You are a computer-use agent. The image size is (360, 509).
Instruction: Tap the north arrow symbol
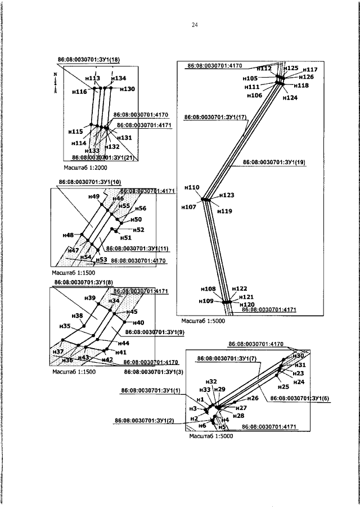[x=55, y=82]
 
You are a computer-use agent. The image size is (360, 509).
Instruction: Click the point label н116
[x=80, y=91]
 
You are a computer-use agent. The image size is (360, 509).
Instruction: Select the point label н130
[x=127, y=89]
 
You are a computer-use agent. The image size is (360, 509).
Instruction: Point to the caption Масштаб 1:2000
[x=85, y=168]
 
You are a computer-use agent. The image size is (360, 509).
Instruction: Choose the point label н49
[x=94, y=196]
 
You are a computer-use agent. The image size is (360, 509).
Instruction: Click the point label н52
[x=138, y=229]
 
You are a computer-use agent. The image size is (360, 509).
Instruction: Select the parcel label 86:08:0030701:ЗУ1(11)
[x=137, y=248]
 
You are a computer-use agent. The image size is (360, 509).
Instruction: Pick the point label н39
[x=89, y=298]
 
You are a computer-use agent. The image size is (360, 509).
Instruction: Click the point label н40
[x=138, y=322]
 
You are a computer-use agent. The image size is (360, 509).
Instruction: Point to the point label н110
[x=192, y=187]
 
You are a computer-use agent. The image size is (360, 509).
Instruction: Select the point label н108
[x=208, y=289]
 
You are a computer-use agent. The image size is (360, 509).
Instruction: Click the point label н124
[x=290, y=98]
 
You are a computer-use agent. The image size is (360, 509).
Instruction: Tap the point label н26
[x=253, y=398]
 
